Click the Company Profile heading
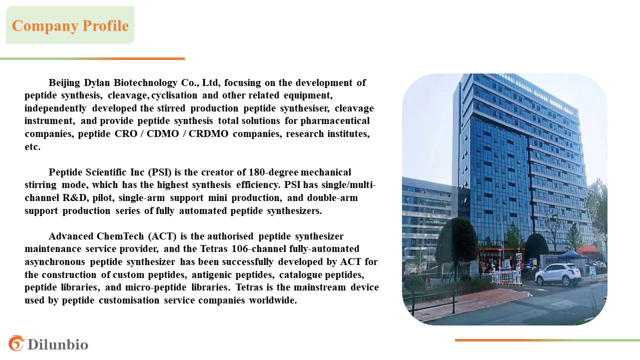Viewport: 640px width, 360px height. point(70,25)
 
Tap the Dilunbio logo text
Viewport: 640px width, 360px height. point(58,344)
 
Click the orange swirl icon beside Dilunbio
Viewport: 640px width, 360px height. point(16,343)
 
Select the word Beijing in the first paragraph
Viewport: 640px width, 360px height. point(64,82)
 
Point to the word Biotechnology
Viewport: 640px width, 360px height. point(145,82)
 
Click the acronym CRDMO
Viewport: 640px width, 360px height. point(208,133)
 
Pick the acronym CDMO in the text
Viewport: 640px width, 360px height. point(162,133)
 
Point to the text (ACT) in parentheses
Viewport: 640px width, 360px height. point(162,236)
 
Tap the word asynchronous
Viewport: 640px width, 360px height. point(55,261)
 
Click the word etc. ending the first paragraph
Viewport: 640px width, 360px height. point(32,147)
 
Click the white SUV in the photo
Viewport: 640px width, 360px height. point(558,274)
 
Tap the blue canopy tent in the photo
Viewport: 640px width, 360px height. point(570,254)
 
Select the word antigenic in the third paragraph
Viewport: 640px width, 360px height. point(211,275)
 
